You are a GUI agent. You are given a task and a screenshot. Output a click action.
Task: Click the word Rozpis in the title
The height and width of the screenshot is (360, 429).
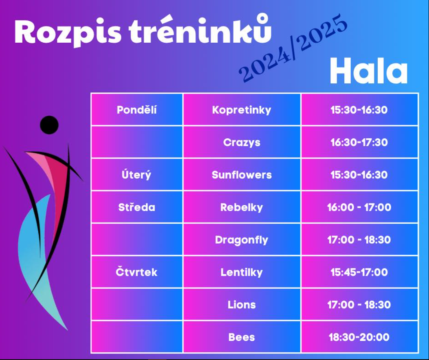68,32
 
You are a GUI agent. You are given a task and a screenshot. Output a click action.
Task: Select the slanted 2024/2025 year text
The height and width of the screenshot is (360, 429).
293,48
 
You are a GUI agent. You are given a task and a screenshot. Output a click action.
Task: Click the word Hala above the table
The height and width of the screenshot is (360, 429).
369,71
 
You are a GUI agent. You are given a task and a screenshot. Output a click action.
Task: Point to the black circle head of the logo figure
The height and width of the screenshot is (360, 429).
49,125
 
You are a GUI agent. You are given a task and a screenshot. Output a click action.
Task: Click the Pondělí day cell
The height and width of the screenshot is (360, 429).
136,110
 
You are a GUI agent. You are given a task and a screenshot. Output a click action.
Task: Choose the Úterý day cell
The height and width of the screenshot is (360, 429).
136,175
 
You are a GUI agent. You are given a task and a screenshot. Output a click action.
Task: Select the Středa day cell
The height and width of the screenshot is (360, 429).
136,207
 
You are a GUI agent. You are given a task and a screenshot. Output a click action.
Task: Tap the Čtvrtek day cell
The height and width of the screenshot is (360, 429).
136,272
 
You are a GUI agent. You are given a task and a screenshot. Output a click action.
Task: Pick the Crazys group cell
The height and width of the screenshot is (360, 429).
242,142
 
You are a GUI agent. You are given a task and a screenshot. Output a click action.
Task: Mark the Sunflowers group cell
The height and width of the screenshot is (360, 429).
242,175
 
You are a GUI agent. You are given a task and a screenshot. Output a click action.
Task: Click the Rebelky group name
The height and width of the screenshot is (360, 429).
242,207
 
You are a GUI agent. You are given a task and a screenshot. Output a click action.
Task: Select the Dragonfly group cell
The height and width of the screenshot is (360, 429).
242,240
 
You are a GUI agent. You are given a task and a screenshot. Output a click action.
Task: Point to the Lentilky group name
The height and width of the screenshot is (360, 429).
242,272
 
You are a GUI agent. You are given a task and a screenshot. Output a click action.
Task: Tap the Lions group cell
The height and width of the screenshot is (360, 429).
242,305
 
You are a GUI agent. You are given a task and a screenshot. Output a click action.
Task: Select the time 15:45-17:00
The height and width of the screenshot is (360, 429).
359,272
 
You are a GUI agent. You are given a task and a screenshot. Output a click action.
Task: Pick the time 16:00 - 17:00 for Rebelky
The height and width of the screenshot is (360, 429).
359,207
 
